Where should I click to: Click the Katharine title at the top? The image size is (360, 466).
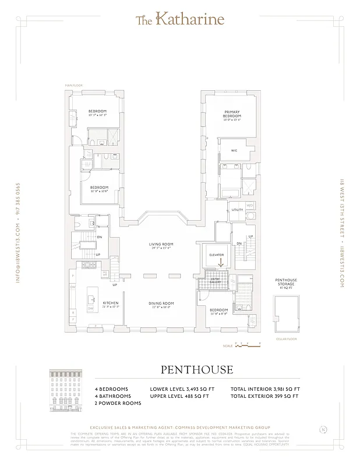point(179,20)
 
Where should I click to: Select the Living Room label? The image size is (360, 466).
point(162,246)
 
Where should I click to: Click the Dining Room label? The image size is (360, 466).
point(161,305)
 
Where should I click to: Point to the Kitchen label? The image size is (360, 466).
point(111,305)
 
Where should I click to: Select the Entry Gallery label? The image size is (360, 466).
point(207,283)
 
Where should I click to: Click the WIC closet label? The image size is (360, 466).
point(234,150)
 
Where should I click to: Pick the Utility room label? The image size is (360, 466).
point(237,210)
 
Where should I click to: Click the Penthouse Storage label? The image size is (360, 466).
point(286,283)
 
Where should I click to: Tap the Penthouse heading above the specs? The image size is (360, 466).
point(196,370)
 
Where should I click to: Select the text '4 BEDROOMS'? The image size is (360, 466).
point(111,389)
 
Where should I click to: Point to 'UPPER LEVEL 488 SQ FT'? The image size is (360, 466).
point(182,396)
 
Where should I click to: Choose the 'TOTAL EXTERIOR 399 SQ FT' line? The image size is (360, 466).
point(265,396)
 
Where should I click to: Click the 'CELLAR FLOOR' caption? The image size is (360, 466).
point(286,338)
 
